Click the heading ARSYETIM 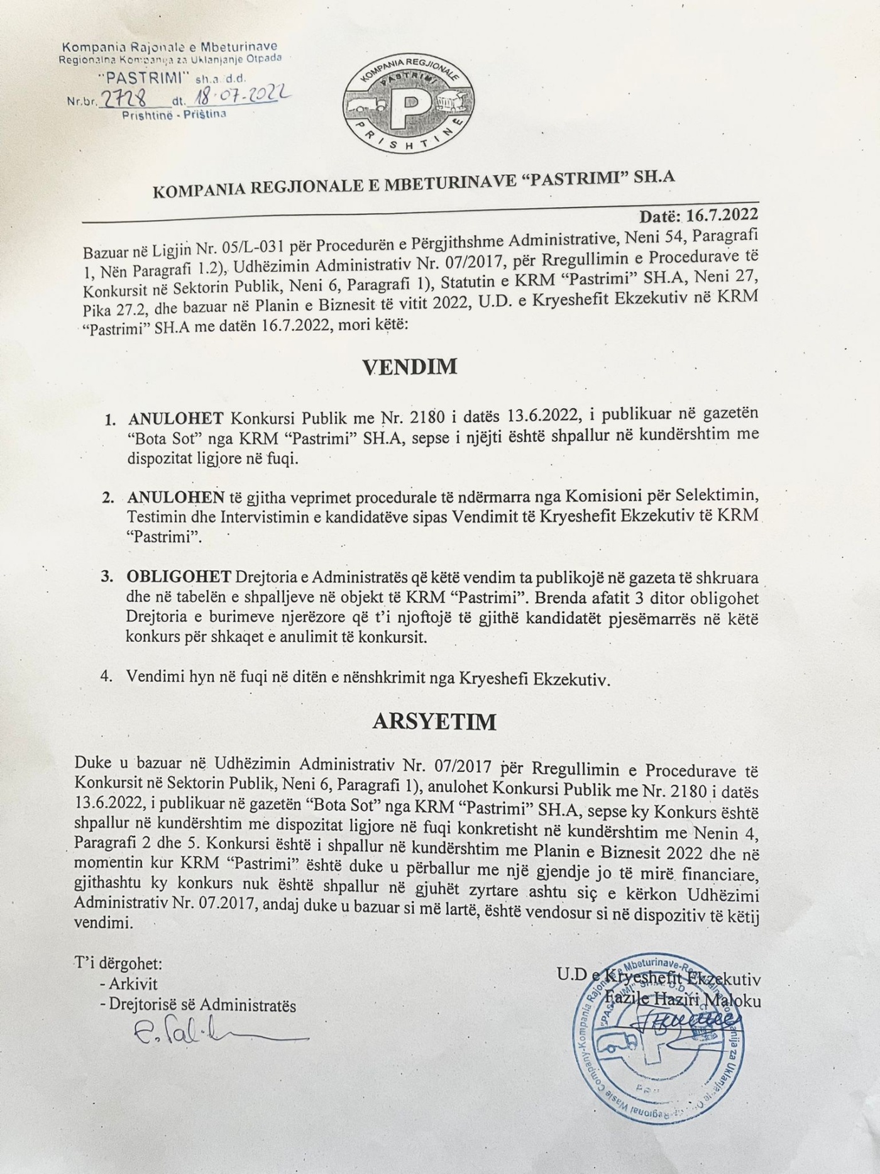[434, 721]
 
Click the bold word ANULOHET [176, 418]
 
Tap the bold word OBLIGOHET [178, 577]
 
